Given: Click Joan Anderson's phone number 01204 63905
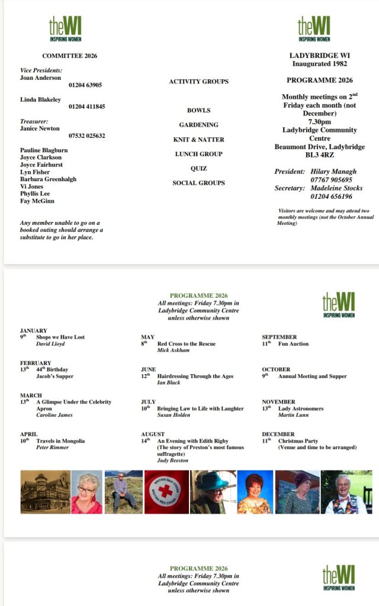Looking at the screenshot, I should (x=85, y=85).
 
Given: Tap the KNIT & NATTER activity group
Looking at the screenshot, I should (x=198, y=140).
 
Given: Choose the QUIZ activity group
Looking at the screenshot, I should (x=199, y=169).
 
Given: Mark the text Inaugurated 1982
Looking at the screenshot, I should (x=320, y=63).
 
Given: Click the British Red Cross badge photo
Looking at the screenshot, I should (x=166, y=492).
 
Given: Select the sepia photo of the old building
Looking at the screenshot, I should (x=44, y=492).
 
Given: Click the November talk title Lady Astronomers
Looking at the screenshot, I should (x=301, y=408).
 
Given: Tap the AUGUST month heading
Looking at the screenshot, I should (x=153, y=434).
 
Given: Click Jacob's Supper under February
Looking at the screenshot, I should (x=55, y=376).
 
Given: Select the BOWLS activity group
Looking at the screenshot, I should (x=199, y=111).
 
